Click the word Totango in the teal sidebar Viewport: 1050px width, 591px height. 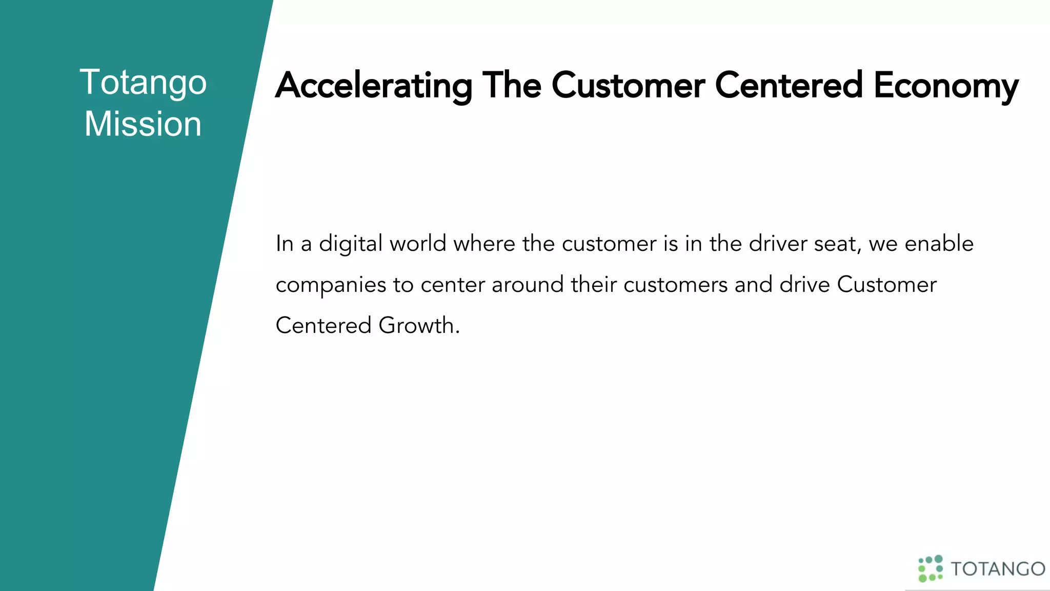[143, 82]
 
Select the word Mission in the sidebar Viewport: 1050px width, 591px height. [143, 124]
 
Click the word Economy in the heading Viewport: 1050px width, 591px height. [946, 86]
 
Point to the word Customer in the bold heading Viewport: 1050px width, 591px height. [628, 86]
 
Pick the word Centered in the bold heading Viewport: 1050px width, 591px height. [789, 86]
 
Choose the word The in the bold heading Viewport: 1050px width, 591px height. [512, 86]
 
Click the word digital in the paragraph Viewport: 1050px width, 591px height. [351, 244]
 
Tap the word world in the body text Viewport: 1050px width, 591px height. [418, 244]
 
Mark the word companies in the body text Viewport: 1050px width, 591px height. [331, 285]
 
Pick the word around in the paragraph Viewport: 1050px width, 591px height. [528, 285]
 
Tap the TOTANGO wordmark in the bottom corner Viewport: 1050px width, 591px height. [998, 569]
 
